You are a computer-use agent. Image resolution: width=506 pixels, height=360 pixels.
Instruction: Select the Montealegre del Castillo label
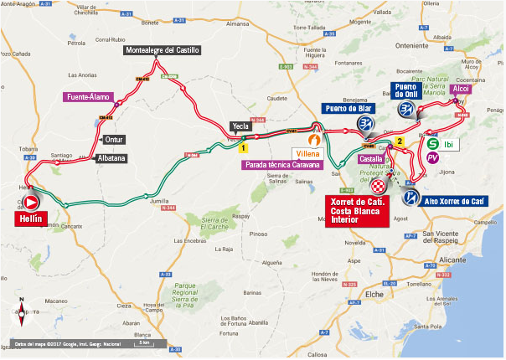pyautogui.click(x=163, y=50)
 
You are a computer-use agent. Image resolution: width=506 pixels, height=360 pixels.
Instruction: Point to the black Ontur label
pyautogui.click(x=114, y=140)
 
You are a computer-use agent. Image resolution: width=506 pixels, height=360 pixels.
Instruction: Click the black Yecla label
pyautogui.click(x=240, y=126)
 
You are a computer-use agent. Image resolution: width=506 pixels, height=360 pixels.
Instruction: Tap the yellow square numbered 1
pyautogui.click(x=241, y=147)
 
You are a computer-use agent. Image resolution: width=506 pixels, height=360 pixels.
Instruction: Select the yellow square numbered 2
pyautogui.click(x=400, y=141)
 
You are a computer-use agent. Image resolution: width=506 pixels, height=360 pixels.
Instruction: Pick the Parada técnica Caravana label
pyautogui.click(x=282, y=165)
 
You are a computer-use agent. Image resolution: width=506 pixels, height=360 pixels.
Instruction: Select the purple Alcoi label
pyautogui.click(x=462, y=88)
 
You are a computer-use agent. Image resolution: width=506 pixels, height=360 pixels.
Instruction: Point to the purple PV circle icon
pyautogui.click(x=432, y=157)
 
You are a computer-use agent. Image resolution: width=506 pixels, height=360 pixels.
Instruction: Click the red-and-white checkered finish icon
pyautogui.click(x=379, y=187)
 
